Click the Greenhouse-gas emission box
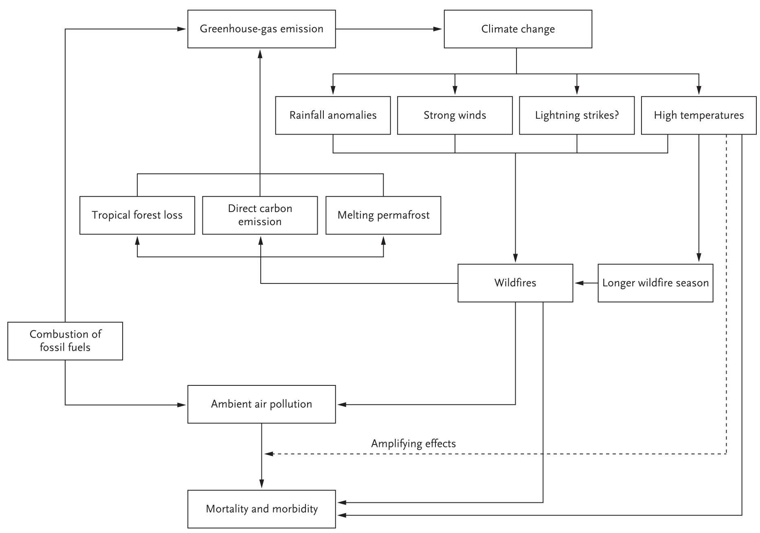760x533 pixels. [x=261, y=29]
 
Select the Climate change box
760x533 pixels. [x=518, y=29]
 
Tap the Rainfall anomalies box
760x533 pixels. [x=333, y=115]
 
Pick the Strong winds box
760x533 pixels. [x=455, y=115]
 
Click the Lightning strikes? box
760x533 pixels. [x=577, y=115]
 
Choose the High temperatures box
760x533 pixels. [x=698, y=115]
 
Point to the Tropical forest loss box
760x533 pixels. [x=137, y=215]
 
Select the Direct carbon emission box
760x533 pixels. [x=260, y=215]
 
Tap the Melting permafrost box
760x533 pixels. [x=383, y=215]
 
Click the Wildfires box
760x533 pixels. [x=515, y=283]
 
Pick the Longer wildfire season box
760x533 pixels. [x=655, y=283]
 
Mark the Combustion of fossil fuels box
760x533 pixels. [x=65, y=341]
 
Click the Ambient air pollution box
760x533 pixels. [x=261, y=404]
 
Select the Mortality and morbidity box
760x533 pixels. [x=261, y=509]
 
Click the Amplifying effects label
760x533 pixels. [x=413, y=444]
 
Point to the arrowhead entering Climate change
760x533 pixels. [x=438, y=29]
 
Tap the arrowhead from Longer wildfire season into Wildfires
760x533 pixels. [x=580, y=283]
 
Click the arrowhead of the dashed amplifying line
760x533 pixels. [x=269, y=453]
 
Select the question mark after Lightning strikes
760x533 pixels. [x=616, y=115]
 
